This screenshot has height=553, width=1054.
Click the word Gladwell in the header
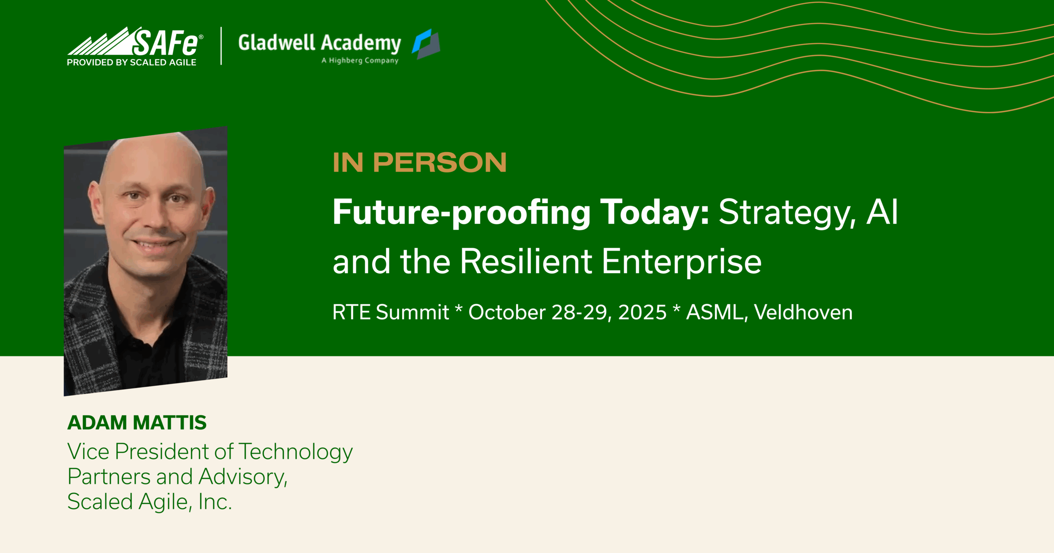click(276, 42)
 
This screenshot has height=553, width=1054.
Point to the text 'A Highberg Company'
click(360, 60)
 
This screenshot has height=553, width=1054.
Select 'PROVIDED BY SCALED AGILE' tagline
click(132, 63)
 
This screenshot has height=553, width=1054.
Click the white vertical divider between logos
click(222, 46)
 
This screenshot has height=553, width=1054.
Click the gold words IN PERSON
click(420, 163)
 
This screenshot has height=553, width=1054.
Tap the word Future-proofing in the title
click(462, 212)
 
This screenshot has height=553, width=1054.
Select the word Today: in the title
click(655, 212)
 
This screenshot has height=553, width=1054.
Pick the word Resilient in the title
click(526, 261)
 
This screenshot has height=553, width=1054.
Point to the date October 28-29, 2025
click(567, 312)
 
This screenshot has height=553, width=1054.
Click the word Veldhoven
click(803, 312)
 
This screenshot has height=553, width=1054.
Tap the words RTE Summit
click(390, 312)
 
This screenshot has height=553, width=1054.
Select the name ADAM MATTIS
click(137, 423)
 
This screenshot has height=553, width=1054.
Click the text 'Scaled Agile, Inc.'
click(149, 502)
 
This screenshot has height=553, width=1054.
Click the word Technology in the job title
click(296, 452)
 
